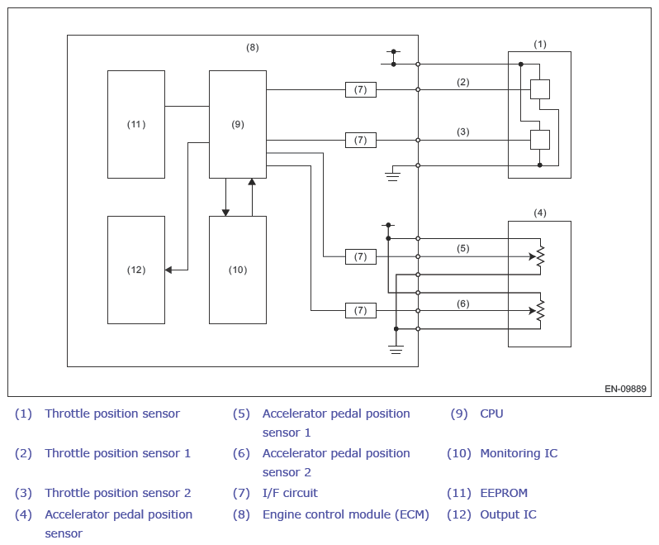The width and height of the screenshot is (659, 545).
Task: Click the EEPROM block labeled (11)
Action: coord(136,124)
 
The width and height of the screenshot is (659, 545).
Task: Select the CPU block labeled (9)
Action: coord(238,124)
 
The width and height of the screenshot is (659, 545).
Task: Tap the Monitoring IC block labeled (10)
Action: coord(238,270)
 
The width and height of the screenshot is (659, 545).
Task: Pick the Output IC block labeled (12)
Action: coord(136,270)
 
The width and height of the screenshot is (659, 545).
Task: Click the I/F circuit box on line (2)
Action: coord(361,89)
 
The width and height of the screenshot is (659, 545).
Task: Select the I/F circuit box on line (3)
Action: coord(361,140)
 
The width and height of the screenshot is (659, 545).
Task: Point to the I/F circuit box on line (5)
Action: coord(361,256)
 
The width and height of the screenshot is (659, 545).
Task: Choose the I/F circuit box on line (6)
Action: coord(361,311)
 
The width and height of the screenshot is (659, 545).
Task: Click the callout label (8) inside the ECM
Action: coord(252,47)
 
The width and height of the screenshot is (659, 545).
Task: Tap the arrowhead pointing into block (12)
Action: coord(168,270)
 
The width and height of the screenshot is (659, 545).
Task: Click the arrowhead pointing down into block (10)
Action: coord(225,213)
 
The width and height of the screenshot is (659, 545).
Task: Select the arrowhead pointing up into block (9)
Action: coord(252,182)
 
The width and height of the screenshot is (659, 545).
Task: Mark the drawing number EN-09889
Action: coord(625,389)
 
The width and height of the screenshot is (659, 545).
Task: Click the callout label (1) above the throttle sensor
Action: coord(540,44)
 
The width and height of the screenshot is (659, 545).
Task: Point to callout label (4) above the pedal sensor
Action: coord(540,213)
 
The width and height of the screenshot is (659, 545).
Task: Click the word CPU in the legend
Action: coord(491,414)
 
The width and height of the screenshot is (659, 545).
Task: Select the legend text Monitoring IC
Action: coord(519,453)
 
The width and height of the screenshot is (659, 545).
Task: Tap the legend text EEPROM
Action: coord(504,493)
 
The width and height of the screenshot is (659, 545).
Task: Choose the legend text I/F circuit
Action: coord(290,493)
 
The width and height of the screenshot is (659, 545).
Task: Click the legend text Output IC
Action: coord(509,514)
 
